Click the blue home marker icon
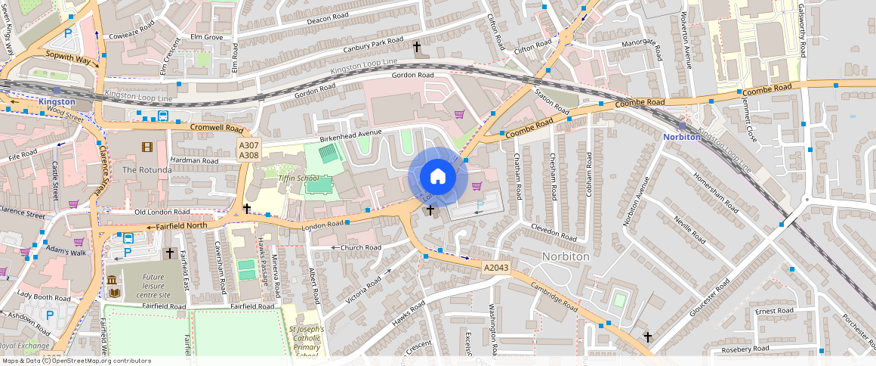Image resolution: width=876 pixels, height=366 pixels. point(437,177)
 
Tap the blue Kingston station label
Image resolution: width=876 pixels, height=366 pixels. point(57,101)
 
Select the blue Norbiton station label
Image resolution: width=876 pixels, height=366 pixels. point(682,137)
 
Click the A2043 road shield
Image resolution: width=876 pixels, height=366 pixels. point(495,268)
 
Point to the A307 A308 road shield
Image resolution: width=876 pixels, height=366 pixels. point(248,150)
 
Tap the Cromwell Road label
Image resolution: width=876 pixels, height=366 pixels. point(216,128)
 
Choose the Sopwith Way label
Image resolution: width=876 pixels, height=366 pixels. point(67,57)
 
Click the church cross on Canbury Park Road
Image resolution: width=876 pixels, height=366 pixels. point(416,47)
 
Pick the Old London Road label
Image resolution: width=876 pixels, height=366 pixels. point(162,212)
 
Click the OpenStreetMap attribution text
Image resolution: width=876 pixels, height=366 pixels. point(76,361)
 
